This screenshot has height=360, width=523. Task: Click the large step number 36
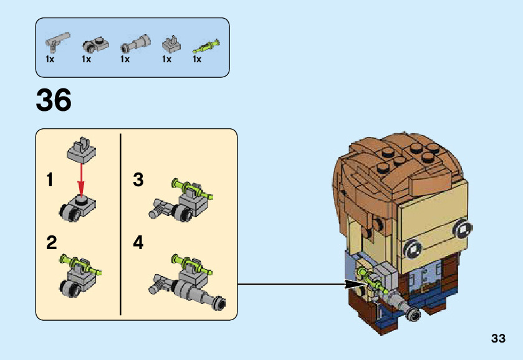(54, 101)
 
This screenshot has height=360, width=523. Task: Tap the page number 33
(498, 339)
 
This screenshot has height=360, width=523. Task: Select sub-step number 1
(50, 181)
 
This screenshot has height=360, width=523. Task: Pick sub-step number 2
(52, 243)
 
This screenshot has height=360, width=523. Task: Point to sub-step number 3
(138, 180)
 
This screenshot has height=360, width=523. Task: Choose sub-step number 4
(138, 243)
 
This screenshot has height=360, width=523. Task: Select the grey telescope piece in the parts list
(135, 44)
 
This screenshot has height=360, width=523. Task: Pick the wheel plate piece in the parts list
(95, 44)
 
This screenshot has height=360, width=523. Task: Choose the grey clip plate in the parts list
(170, 43)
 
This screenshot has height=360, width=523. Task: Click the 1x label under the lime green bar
(197, 60)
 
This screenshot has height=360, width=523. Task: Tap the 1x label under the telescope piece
(125, 60)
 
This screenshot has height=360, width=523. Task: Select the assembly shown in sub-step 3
(181, 201)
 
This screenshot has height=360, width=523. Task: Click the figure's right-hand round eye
(462, 229)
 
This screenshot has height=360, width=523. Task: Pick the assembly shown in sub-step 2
(80, 274)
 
